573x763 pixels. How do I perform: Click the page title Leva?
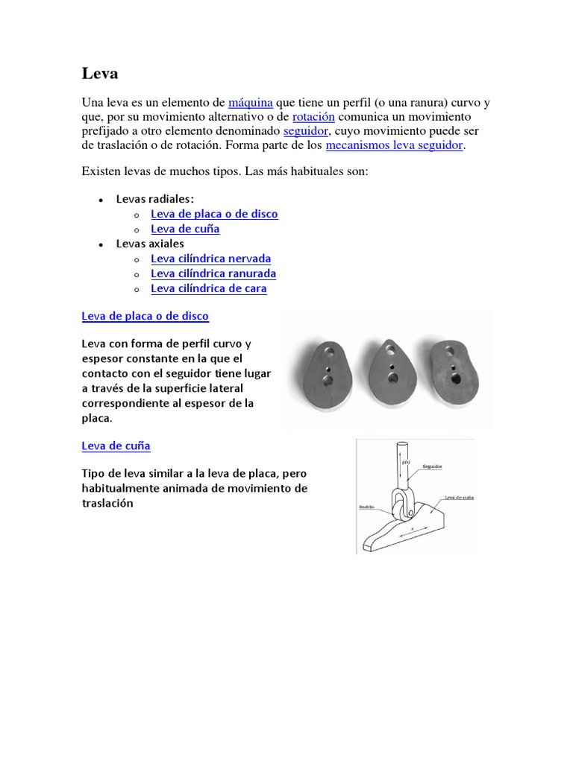[x=99, y=74]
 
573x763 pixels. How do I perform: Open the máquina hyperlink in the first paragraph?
[x=250, y=103]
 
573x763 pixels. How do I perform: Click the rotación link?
[x=313, y=117]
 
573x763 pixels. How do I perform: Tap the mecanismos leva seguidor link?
[x=395, y=145]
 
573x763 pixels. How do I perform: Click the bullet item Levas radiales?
[x=154, y=199]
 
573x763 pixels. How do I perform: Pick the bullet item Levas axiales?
[x=150, y=244]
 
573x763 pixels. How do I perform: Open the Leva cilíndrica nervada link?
[x=210, y=259]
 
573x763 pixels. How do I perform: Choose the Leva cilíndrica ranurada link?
[x=213, y=273]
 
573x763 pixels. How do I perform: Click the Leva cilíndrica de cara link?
[x=208, y=288]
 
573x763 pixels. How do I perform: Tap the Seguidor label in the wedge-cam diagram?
[x=433, y=466]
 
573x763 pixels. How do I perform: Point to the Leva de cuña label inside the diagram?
[x=459, y=497]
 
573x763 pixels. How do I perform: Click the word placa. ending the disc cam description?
[x=97, y=418]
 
